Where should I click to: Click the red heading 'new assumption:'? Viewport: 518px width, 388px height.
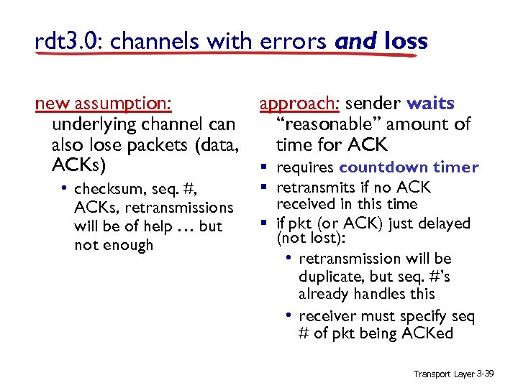pos(104,104)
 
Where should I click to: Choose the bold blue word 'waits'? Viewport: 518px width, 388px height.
pos(430,104)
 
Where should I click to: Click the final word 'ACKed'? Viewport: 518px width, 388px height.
pos(432,333)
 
